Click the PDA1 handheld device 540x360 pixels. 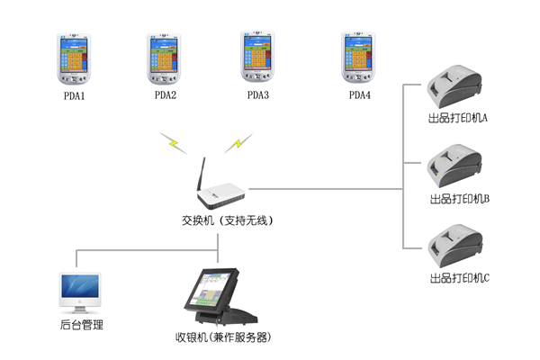[74, 59]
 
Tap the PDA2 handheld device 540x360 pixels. [164, 58]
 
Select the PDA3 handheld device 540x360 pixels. [257, 57]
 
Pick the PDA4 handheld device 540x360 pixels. [358, 58]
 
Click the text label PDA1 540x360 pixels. [75, 95]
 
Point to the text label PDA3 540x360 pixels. [258, 94]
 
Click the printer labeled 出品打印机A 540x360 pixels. [454, 86]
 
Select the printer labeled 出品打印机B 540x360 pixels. [454, 166]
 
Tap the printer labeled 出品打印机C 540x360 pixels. [454, 246]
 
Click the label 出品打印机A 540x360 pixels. [458, 118]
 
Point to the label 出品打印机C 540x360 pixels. [459, 278]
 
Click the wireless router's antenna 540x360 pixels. [201, 175]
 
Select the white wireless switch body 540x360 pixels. [220, 195]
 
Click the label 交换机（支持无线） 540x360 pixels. [228, 220]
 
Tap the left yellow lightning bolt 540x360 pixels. [173, 143]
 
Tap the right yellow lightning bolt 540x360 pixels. [238, 143]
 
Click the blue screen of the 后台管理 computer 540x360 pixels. [80, 286]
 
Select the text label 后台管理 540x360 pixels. [82, 325]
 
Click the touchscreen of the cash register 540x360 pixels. [210, 290]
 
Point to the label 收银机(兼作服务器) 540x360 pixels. [223, 337]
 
